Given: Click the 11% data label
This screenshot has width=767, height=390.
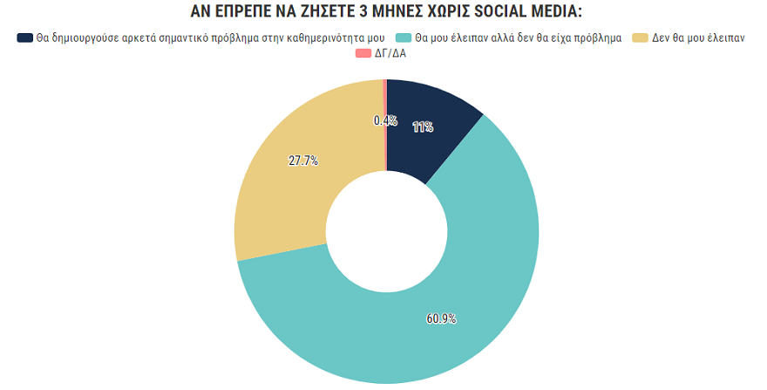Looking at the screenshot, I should point(423,127).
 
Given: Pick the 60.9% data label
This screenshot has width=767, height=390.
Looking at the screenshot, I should point(441,319).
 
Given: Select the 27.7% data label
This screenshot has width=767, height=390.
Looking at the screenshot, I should point(302,161).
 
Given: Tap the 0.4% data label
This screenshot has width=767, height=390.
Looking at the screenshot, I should point(384,121).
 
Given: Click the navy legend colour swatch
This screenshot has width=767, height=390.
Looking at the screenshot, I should point(25,38).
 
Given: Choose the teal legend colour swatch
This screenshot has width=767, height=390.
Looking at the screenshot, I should point(404,38).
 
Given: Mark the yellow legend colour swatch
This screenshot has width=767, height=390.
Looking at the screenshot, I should point(641,38).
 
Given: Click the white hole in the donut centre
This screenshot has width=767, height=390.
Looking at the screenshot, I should point(386,232).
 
